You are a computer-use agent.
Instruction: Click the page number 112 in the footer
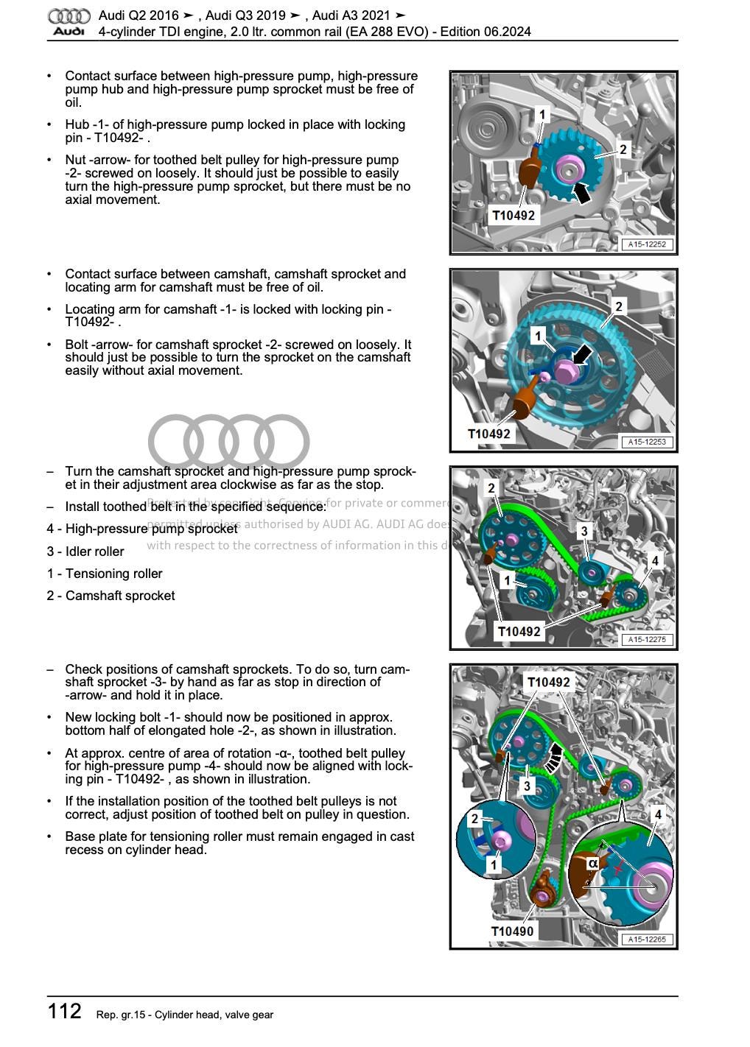(65, 1011)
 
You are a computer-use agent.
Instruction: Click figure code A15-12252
(648, 244)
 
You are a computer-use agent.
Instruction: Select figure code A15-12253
(647, 442)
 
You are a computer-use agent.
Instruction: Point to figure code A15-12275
(647, 640)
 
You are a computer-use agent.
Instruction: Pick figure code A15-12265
(647, 940)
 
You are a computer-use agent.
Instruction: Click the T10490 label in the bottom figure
(512, 931)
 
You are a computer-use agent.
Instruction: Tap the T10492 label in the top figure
(514, 216)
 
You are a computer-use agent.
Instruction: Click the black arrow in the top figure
(581, 193)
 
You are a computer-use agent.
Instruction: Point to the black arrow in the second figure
(581, 355)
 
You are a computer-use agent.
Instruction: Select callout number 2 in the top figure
(623, 149)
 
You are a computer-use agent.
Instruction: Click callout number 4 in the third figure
(655, 561)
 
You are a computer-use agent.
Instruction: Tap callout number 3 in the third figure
(584, 531)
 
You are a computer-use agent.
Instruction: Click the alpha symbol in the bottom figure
(593, 863)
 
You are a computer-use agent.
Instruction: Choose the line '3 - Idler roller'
(85, 551)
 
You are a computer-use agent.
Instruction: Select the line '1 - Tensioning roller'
(105, 574)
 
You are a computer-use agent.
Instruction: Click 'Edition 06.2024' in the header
(486, 32)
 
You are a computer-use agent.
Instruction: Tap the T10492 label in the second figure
(489, 434)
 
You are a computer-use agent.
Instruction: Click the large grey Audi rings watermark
(228, 442)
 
